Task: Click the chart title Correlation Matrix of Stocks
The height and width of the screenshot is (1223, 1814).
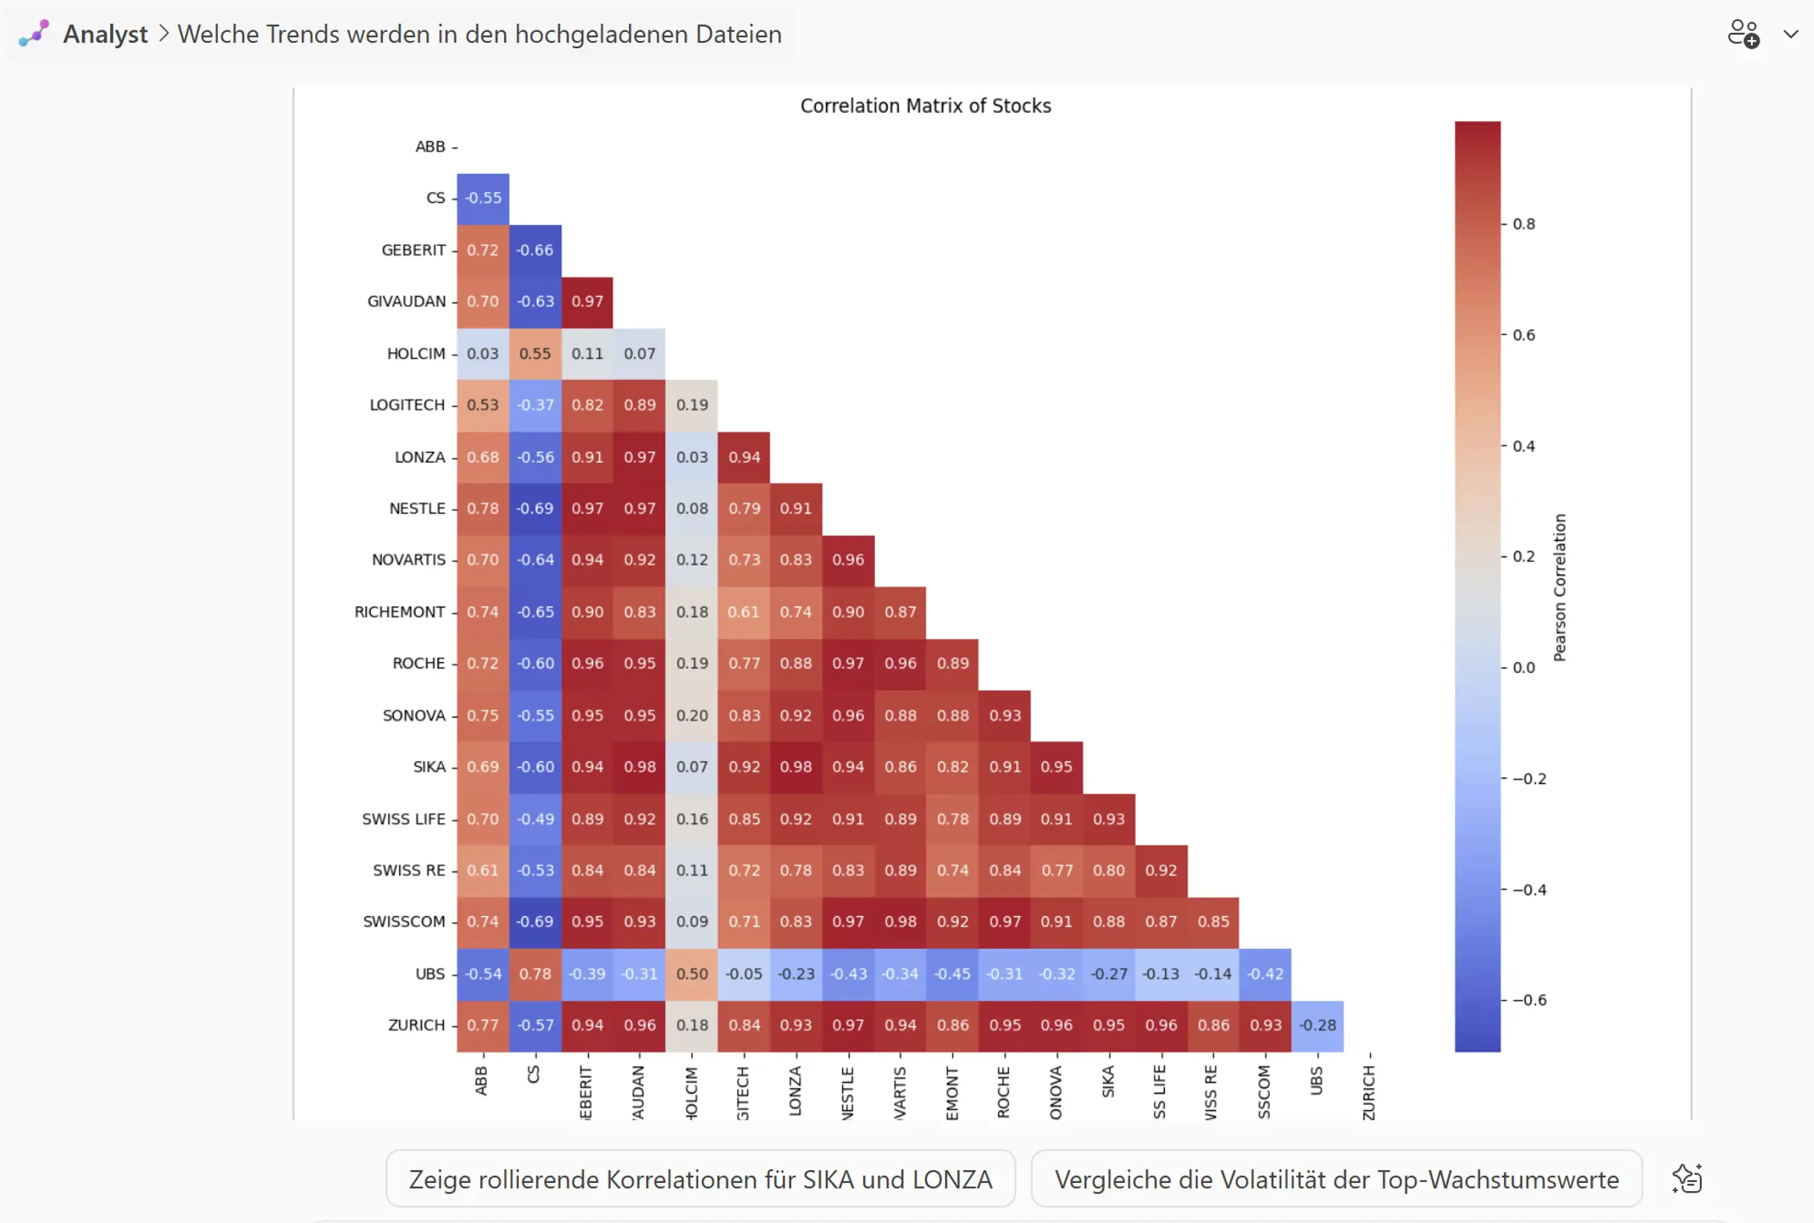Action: tap(926, 106)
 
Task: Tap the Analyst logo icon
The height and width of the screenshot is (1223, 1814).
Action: tap(33, 33)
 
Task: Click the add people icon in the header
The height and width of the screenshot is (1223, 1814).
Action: tap(1743, 34)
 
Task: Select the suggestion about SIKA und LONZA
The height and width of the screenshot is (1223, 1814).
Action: tap(700, 1178)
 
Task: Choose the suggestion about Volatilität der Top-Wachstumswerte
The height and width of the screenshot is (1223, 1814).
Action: tap(1336, 1178)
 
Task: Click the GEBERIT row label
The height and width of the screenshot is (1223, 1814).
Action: tap(413, 250)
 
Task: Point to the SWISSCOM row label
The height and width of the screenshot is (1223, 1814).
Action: tap(404, 922)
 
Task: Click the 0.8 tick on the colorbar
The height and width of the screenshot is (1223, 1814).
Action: tap(1524, 224)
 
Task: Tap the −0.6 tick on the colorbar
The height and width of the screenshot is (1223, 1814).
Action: tap(1529, 1000)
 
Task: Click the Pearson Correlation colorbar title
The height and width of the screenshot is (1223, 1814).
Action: tap(1560, 587)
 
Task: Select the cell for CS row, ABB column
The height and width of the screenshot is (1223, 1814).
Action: tap(483, 199)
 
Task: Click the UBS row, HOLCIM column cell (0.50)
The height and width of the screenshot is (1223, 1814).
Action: tap(692, 974)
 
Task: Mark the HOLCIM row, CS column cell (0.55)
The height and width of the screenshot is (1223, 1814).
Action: tap(535, 354)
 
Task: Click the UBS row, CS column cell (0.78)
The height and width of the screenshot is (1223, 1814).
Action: tap(535, 974)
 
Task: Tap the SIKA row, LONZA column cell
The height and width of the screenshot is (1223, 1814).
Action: tap(795, 768)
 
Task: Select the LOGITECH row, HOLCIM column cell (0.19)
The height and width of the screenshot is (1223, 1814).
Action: tap(692, 406)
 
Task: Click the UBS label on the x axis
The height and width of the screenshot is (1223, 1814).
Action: tap(1317, 1082)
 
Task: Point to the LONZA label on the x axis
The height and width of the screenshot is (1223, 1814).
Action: tap(795, 1091)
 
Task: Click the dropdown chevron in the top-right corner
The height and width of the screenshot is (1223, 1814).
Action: tap(1792, 34)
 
